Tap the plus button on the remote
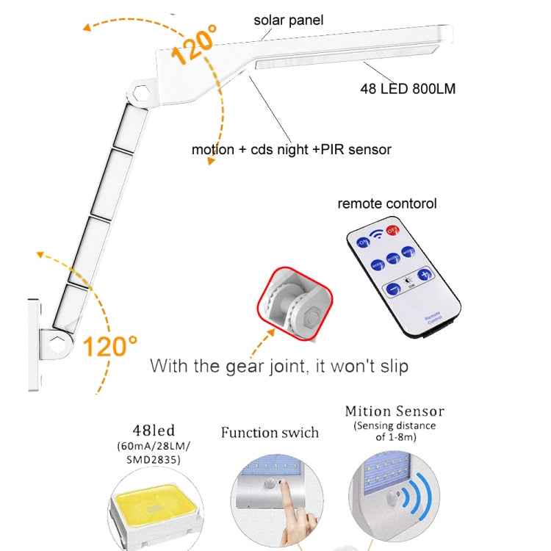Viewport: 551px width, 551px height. pos(423,275)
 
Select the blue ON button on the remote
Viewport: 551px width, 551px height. pos(363,242)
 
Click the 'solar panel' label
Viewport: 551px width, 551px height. pos(288,20)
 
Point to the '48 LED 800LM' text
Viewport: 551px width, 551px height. pos(407,89)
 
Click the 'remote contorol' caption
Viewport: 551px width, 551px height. pos(386,204)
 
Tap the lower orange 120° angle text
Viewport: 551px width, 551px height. pos(109,345)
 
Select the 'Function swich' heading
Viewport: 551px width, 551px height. pos(270,433)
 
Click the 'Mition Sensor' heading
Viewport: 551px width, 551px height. pos(395,411)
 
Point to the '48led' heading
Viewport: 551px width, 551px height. pos(153,431)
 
